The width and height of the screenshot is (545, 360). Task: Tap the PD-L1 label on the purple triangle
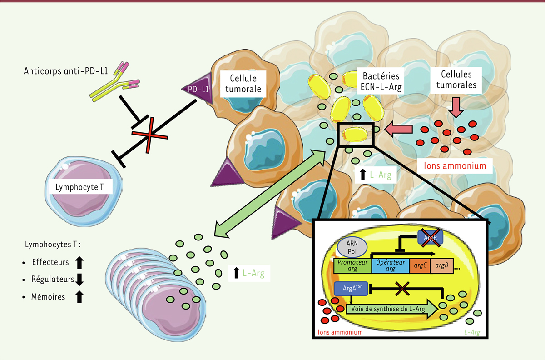[x=198, y=89]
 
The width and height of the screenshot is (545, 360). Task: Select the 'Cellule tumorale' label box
[x=243, y=84]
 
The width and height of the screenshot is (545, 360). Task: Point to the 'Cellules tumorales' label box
[x=459, y=80]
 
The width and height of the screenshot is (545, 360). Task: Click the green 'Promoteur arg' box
[x=352, y=265]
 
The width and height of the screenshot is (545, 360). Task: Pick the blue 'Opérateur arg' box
[x=390, y=265]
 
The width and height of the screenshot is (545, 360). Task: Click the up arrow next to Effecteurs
[x=79, y=262]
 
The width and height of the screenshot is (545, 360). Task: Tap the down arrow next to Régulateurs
[x=80, y=279]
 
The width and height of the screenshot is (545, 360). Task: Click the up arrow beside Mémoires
[x=79, y=297]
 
